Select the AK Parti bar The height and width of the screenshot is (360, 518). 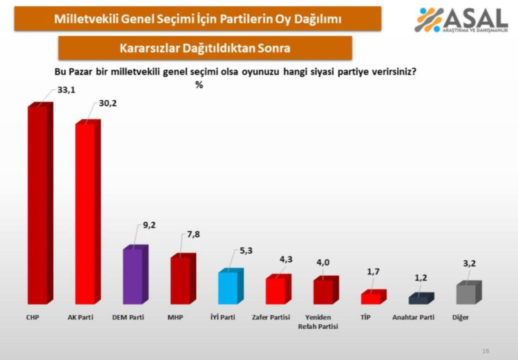[x=86, y=214]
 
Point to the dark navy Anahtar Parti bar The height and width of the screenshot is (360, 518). [x=419, y=300]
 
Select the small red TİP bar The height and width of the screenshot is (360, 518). [x=372, y=298]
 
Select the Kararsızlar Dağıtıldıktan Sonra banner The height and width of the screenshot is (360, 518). [x=205, y=48]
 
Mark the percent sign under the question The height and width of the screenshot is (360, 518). [x=199, y=85]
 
